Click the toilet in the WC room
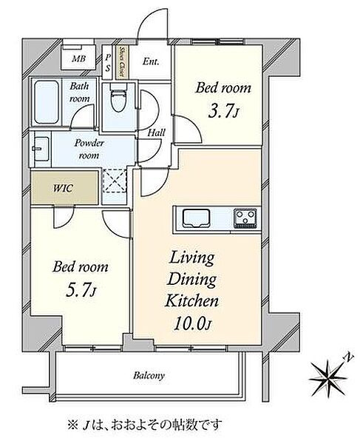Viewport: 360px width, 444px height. (x=118, y=97)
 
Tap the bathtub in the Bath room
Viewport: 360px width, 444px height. (x=47, y=102)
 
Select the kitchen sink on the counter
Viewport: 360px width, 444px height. (x=196, y=218)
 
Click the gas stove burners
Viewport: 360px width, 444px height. (x=245, y=218)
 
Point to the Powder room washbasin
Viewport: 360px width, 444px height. (x=41, y=149)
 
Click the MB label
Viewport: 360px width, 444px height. (x=78, y=59)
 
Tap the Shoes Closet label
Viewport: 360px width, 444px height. (x=122, y=61)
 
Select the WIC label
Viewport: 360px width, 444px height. (x=63, y=188)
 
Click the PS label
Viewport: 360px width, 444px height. (x=108, y=63)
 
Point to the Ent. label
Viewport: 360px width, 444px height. (x=151, y=61)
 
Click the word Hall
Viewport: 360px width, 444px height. (x=157, y=132)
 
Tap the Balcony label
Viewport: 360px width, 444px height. (x=149, y=376)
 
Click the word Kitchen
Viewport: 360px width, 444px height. (x=191, y=300)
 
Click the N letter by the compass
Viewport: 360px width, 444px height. (x=349, y=357)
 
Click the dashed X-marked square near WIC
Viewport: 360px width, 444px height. (x=115, y=181)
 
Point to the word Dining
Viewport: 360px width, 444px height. (x=191, y=280)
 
